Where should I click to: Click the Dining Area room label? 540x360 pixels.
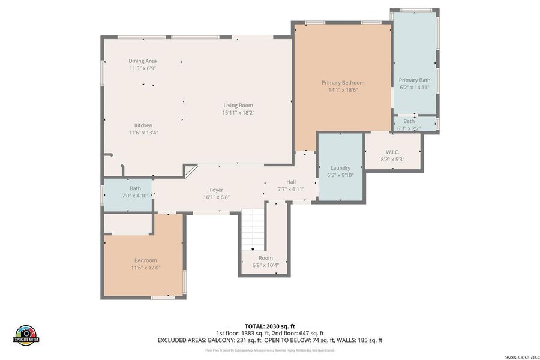click(143, 61)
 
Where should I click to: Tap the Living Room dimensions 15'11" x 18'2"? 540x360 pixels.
click(238, 112)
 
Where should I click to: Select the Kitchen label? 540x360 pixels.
click(143, 125)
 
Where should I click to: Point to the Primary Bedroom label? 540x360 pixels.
click(343, 83)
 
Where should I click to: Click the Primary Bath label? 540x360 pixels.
click(415, 80)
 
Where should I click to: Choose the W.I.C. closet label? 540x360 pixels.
click(392, 152)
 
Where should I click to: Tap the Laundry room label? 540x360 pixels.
click(340, 168)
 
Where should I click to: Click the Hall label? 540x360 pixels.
click(291, 182)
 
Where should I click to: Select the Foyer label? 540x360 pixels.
click(216, 190)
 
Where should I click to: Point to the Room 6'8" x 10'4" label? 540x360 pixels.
click(265, 258)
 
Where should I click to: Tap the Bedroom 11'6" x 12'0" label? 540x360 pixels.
click(145, 260)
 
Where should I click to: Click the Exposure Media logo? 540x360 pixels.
click(26, 334)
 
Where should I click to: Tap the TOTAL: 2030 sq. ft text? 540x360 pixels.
click(269, 326)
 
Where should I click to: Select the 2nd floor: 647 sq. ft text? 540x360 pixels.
click(297, 333)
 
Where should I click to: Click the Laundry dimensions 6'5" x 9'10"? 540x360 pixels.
click(340, 175)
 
